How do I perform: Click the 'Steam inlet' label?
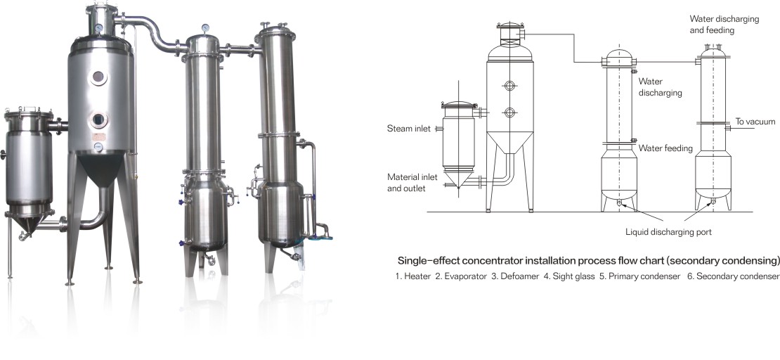point(408,129)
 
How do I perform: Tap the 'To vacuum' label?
point(755,122)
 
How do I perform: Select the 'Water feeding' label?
point(665,148)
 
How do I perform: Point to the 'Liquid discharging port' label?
point(668,232)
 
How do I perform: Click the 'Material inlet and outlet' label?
point(412,183)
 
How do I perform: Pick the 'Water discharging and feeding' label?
point(724,25)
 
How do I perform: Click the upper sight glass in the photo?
point(98,77)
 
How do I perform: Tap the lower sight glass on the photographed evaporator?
point(98,120)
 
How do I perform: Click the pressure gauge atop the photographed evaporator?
point(98,28)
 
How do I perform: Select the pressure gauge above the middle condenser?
point(205,27)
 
